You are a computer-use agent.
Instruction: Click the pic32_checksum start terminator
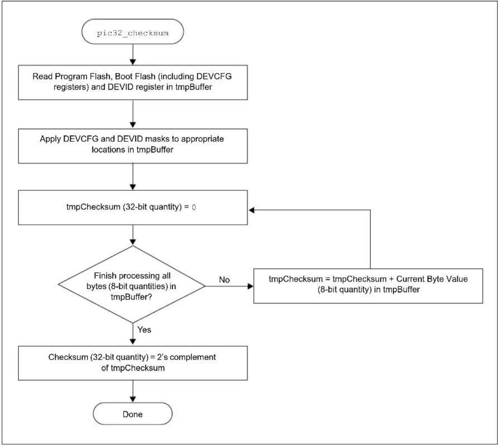[132, 31]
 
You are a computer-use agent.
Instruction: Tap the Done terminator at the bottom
[132, 414]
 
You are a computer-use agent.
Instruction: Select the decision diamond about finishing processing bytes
[132, 284]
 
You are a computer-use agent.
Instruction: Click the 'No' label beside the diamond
[224, 279]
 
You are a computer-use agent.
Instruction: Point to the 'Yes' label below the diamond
[144, 330]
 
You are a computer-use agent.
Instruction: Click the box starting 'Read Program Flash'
[133, 83]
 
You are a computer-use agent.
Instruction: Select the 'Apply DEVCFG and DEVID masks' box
[133, 146]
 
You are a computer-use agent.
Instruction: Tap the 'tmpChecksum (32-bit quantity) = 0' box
[133, 208]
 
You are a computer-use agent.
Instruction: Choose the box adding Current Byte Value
[368, 286]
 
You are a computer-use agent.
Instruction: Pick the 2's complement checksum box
[133, 363]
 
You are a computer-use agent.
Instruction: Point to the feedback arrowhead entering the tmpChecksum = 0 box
[251, 210]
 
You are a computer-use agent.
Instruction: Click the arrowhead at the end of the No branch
[250, 286]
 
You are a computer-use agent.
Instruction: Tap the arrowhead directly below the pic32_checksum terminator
[133, 62]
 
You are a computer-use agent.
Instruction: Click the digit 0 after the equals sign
[194, 207]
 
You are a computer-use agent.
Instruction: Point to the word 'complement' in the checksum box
[192, 357]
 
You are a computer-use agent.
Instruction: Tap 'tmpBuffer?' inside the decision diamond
[131, 297]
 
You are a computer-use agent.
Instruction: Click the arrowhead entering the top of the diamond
[133, 242]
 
